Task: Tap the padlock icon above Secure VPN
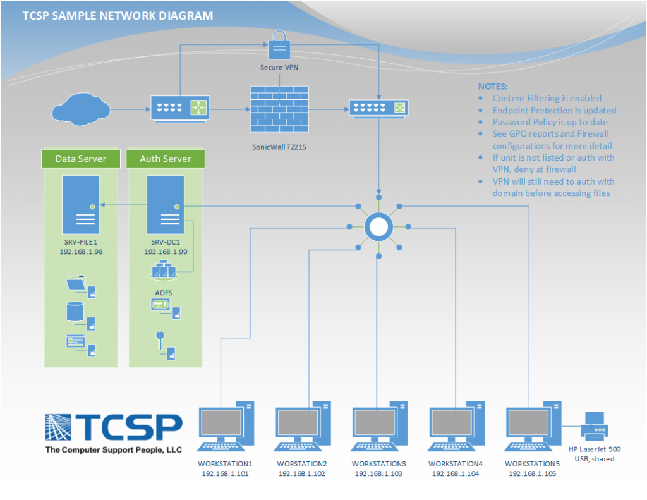[x=279, y=46]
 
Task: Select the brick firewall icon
[x=279, y=109]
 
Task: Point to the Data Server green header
[x=81, y=159]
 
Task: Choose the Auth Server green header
[x=166, y=159]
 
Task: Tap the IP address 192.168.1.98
[x=81, y=252]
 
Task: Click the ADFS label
[x=164, y=293]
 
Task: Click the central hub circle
[x=378, y=226]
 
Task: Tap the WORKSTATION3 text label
[x=378, y=464]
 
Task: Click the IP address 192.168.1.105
[x=532, y=473]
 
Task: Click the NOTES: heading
[x=492, y=86]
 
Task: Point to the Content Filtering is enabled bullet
[x=547, y=98]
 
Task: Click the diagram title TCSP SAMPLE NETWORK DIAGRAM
[x=118, y=16]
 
